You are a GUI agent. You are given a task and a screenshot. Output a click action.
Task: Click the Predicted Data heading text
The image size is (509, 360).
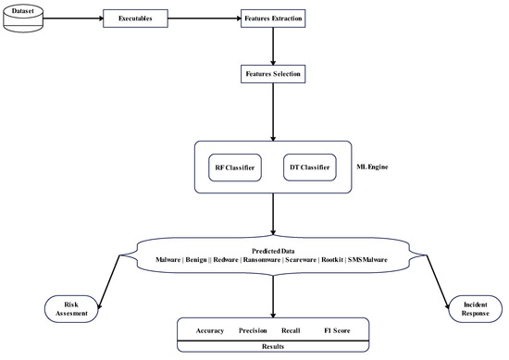pos(272,251)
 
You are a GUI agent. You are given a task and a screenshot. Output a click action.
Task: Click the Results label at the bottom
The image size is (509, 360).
pos(272,346)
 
